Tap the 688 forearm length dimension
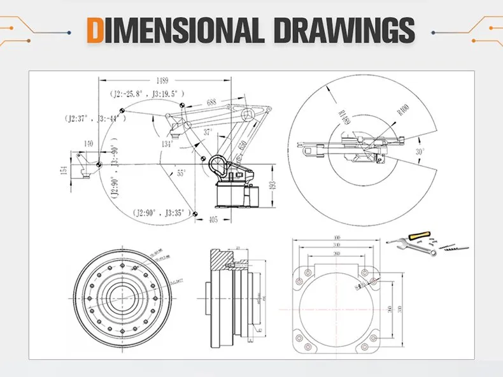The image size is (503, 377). (211, 102)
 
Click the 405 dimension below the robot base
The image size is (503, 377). (213, 220)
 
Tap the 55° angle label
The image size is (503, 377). (181, 173)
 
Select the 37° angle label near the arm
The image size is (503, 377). (207, 132)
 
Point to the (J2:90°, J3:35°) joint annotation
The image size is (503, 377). (160, 212)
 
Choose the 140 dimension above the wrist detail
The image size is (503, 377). (89, 144)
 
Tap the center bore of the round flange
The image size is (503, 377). (120, 295)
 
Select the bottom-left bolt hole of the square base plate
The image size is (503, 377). (308, 347)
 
